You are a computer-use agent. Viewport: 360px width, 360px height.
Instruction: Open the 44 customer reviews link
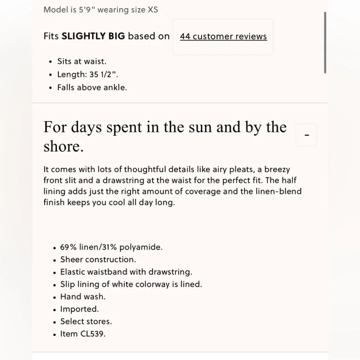click(223, 37)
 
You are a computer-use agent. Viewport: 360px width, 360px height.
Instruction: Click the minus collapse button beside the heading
click(307, 135)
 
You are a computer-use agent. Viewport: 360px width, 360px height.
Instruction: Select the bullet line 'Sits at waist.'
click(82, 62)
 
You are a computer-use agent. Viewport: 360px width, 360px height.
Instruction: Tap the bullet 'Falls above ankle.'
click(92, 88)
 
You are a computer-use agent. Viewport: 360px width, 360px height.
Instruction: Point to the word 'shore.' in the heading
click(64, 147)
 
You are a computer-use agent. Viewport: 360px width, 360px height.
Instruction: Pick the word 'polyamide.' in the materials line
click(141, 247)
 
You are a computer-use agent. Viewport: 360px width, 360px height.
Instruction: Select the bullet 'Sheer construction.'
click(98, 260)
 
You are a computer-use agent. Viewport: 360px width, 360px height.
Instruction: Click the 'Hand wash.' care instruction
click(83, 297)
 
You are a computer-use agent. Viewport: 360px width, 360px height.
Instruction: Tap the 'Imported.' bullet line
click(79, 309)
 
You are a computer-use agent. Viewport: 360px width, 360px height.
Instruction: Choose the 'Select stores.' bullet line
click(86, 322)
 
